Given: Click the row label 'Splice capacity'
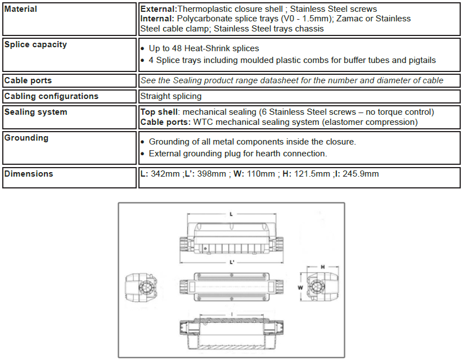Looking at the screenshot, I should (x=35, y=44).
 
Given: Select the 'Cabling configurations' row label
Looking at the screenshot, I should (x=51, y=96).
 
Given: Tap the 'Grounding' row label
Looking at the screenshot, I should (x=26, y=138).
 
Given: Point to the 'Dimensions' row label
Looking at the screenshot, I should (x=29, y=174).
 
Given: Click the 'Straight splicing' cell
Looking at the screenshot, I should (x=171, y=96).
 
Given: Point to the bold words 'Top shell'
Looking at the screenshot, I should (x=160, y=112).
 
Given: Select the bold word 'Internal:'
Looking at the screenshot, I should (x=158, y=19).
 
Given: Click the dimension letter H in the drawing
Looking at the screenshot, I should (x=322, y=267).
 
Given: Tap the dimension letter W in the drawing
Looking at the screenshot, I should (x=300, y=286).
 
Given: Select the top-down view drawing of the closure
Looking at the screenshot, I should (x=232, y=287).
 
